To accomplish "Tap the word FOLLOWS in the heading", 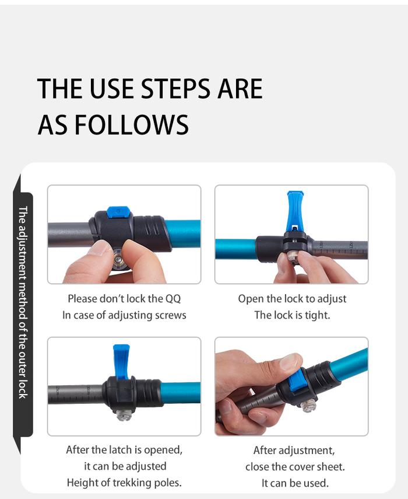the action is click(x=132, y=124).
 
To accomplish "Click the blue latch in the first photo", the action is click(x=118, y=212).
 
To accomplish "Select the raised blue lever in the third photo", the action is click(x=121, y=361).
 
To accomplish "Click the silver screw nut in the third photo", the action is click(x=124, y=414).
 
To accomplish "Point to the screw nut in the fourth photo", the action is click(x=308, y=406).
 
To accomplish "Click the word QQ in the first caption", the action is click(x=173, y=299).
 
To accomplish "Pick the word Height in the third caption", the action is click(x=83, y=483).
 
